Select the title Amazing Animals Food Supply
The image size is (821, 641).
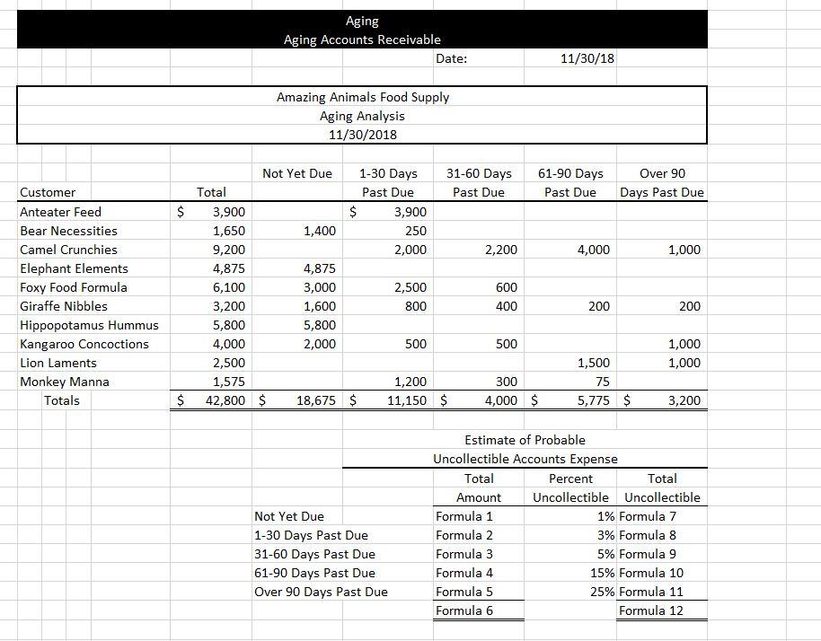(363, 97)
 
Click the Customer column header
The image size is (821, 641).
(48, 192)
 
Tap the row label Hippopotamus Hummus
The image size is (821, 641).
(89, 325)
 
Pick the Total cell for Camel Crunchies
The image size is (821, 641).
(227, 250)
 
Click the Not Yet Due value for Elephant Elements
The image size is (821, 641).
(320, 268)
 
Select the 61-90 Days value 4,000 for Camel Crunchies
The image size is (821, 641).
(592, 250)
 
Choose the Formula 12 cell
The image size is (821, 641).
(650, 610)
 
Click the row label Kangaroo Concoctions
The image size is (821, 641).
(84, 344)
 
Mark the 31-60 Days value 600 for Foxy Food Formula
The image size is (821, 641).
(506, 287)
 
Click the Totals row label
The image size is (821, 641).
(62, 400)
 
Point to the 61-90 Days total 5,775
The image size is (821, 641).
(592, 400)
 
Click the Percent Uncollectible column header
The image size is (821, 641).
(570, 488)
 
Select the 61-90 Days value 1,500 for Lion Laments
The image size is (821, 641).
(593, 363)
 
